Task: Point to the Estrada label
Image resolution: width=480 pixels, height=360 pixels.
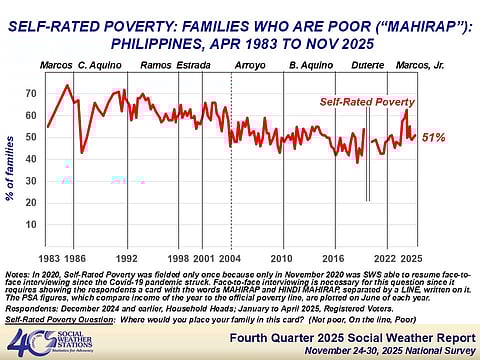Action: pos(194,65)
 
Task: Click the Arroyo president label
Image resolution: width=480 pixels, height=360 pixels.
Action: pos(250,65)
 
